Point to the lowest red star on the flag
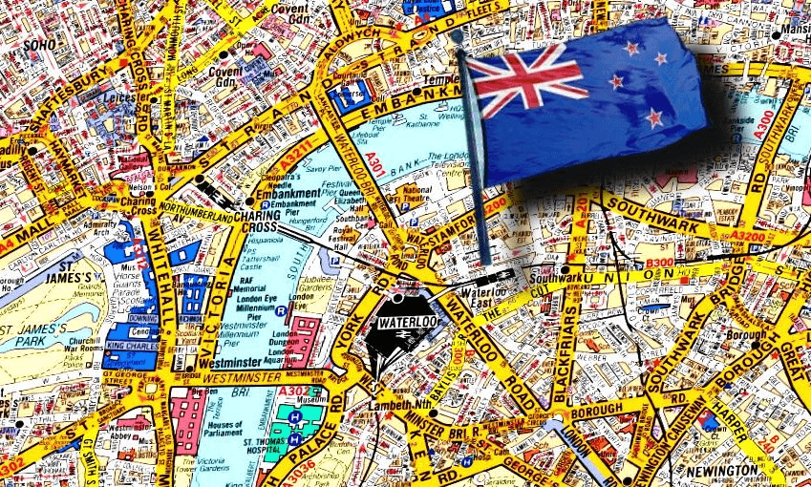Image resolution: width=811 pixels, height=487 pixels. click(x=653, y=117)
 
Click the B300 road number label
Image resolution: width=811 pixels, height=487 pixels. click(x=659, y=263)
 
